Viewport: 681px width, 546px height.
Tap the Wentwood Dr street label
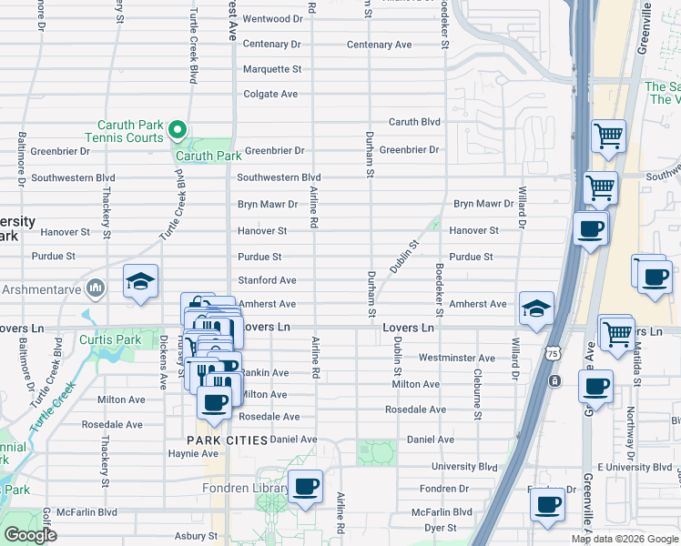point(272,19)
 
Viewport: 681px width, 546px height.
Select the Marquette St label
point(271,69)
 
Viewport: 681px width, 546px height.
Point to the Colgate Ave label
point(270,94)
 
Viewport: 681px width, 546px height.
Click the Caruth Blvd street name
point(414,122)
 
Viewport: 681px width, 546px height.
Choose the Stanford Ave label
point(267,280)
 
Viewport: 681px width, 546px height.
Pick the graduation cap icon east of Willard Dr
point(537,308)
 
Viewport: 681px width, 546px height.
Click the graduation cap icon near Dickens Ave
point(141,280)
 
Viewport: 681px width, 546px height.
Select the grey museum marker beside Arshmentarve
point(94,289)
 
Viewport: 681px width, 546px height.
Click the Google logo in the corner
point(30,535)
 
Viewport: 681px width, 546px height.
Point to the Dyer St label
point(440,527)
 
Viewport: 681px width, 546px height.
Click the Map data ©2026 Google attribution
point(623,539)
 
